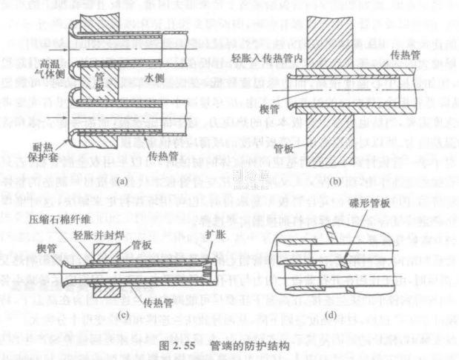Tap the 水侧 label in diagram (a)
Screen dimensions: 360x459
click(153, 76)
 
